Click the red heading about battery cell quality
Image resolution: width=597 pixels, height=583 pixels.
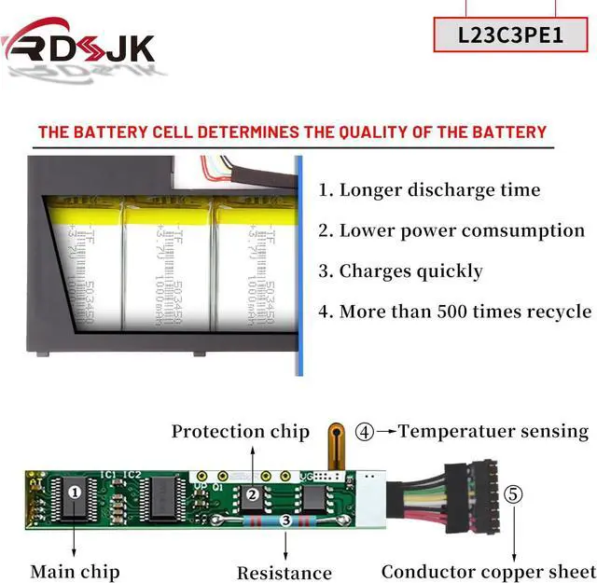point(292,132)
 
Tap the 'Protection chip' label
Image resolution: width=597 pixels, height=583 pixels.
point(240,431)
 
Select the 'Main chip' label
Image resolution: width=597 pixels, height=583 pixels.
point(75,571)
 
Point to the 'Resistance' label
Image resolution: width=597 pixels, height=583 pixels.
point(284,573)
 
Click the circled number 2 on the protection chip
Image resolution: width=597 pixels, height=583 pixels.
point(251,495)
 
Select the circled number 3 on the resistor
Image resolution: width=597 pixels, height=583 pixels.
point(285,521)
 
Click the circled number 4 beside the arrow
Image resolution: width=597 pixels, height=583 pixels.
point(365,432)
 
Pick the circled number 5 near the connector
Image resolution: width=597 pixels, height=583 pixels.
point(514,493)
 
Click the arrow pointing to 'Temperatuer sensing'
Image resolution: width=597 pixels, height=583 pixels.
point(386,432)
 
